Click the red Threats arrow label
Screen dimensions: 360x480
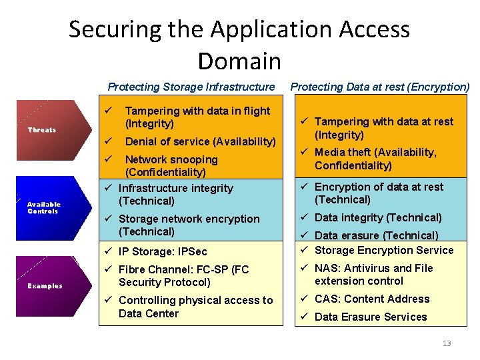(42, 129)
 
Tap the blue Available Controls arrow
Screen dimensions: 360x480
(44, 208)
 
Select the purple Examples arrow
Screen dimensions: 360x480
(45, 286)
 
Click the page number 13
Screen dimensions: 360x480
(446, 343)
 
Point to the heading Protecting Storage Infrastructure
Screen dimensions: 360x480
(191, 87)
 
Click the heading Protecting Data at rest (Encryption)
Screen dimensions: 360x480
(380, 87)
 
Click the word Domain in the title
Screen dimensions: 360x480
(239, 61)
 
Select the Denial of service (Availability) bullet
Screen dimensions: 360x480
(200, 141)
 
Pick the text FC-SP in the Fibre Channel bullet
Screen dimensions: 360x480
(209, 269)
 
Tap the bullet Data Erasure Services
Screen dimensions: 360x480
(370, 317)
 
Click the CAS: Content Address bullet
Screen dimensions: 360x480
(371, 299)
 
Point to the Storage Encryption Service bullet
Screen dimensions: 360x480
(383, 250)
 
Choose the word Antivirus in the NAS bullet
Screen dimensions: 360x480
(369, 268)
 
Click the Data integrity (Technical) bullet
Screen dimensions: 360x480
(377, 217)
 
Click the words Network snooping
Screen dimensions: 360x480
(171, 159)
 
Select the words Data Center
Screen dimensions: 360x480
(149, 313)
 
